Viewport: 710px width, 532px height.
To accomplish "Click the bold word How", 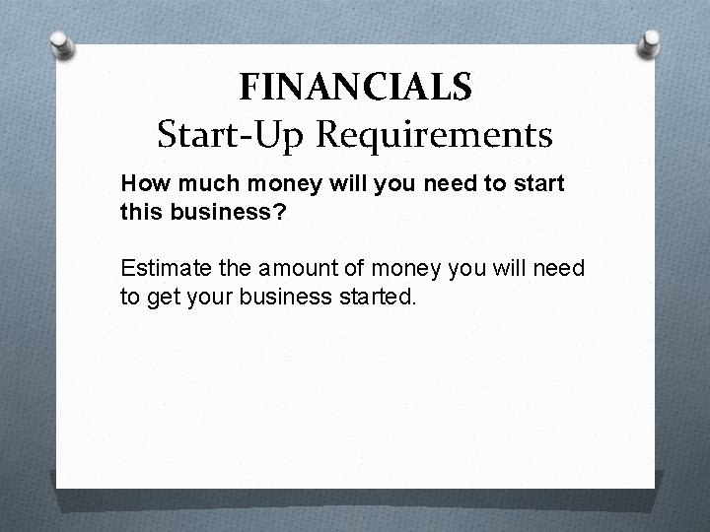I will pos(141,183).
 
